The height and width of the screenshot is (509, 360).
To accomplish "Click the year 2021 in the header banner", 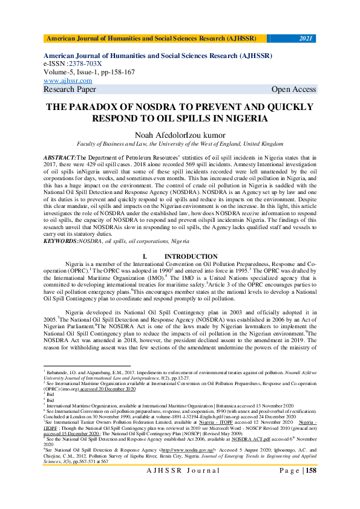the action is pyautogui.click(x=306, y=39).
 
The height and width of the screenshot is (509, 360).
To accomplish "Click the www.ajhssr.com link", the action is pyautogui.click(x=68, y=80).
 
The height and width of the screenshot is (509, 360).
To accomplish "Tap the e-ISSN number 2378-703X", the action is pyautogui.click(x=86, y=63).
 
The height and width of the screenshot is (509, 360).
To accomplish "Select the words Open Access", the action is pyautogui.click(x=293, y=89).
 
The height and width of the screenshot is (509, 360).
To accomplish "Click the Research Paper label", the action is pyautogui.click(x=70, y=89).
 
